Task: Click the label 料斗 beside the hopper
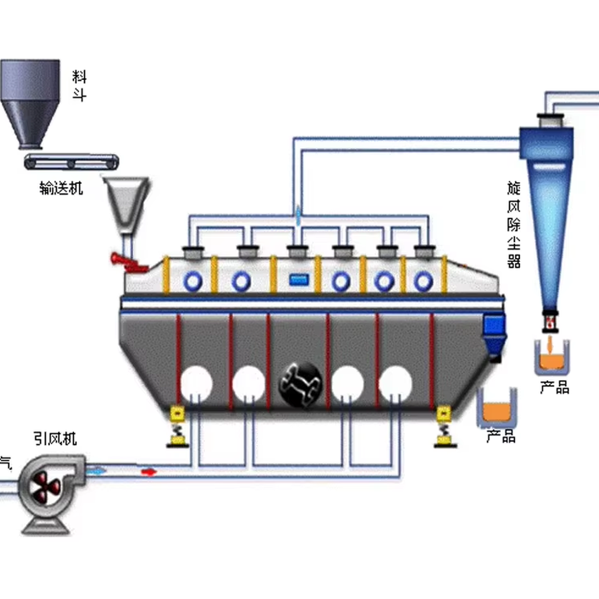tap(80, 87)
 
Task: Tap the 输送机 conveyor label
tap(62, 188)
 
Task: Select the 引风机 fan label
tap(55, 438)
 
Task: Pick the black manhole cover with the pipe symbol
tap(299, 385)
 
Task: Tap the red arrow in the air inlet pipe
tap(149, 472)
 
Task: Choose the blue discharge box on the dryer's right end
tap(494, 332)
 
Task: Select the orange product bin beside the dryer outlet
tap(498, 408)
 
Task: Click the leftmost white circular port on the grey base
tap(197, 383)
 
